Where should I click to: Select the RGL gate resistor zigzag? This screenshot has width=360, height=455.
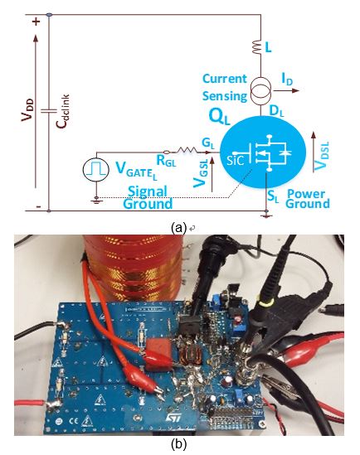coord(187,151)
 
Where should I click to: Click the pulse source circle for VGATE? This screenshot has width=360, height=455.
coord(96,169)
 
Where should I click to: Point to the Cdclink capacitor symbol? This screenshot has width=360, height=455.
coord(48,111)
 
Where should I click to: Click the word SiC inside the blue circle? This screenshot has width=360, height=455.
coord(236,159)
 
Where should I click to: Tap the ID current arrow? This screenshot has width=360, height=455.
coord(286,90)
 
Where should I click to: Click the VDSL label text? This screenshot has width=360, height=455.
coord(322,156)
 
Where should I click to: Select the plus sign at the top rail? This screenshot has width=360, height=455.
coord(36,22)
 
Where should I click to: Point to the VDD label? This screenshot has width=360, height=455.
coord(27,110)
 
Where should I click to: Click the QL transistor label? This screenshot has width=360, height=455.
coord(219,117)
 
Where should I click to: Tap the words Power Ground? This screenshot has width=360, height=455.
coord(308,199)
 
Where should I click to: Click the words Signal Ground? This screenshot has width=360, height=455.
coord(148,198)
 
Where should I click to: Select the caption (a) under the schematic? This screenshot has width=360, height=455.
coord(178,228)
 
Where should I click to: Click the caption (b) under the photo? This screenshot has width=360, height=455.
coord(179,444)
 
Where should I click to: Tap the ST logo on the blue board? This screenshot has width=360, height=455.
coord(173,418)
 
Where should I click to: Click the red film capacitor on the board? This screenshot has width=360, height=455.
coord(159,356)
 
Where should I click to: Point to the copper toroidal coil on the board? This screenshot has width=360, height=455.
coord(190,356)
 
